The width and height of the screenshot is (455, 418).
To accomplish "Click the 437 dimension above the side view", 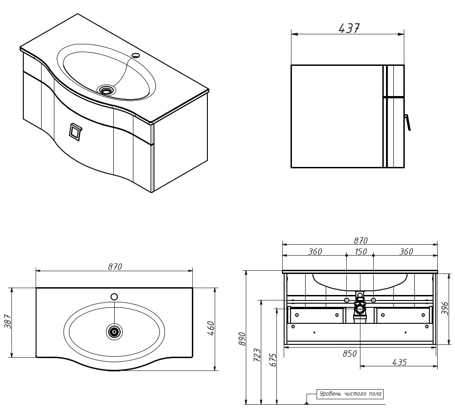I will (349, 28).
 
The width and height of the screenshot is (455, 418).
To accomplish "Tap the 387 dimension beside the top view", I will (7, 323).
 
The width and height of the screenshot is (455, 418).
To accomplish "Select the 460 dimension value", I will (211, 328).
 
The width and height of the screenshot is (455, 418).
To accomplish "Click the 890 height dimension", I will (242, 338).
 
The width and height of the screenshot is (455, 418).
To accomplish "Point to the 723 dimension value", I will (257, 355).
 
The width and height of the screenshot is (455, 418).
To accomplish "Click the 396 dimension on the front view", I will (445, 308).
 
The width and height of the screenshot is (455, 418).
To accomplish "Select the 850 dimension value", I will (349, 354).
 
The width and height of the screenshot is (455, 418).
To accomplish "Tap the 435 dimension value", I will (399, 362).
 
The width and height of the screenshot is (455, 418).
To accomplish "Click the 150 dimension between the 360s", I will (360, 252).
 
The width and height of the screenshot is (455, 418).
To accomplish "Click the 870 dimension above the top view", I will (115, 267).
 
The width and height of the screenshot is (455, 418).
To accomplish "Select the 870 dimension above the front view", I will (360, 241).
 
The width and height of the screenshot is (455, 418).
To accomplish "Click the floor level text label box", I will (350, 394).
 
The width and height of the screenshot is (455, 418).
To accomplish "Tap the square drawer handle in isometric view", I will (75, 131).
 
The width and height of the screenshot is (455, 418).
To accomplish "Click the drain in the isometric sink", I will (106, 91).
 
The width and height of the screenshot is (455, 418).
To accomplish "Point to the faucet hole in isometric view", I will (136, 56).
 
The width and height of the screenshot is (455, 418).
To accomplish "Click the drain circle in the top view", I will (114, 332).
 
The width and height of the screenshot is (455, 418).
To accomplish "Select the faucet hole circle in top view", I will (114, 297).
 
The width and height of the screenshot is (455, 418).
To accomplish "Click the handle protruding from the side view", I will (407, 122).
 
